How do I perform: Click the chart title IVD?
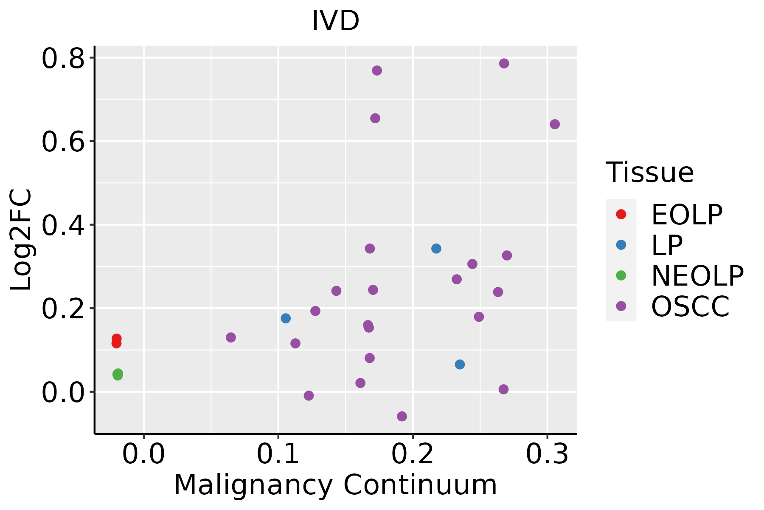[x=335, y=21]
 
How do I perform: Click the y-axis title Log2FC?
[x=21, y=240]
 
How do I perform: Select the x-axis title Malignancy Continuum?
[x=335, y=485]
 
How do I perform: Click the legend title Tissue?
[x=650, y=173]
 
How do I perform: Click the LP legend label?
[x=667, y=245]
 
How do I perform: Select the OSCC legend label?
[x=690, y=306]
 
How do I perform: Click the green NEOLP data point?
[x=118, y=374]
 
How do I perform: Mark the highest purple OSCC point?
[x=504, y=63]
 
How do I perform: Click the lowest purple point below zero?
[x=402, y=416]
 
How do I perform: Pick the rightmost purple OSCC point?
[x=554, y=124]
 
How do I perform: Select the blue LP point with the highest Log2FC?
[x=436, y=249]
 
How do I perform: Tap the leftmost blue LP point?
[x=286, y=318]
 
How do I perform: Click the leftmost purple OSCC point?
[x=230, y=337]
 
